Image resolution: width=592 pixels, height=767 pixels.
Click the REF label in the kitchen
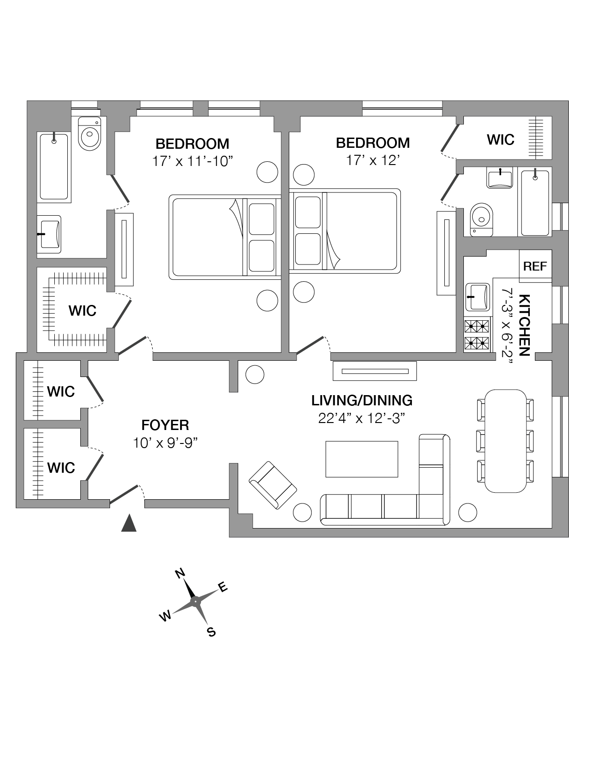coord(535,266)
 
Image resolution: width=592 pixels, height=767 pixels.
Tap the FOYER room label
coord(165,425)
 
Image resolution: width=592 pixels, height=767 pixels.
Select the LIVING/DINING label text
coord(362,400)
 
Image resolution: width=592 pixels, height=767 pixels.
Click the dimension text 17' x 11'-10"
coord(192,161)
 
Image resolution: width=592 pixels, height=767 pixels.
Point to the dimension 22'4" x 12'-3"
coord(362,418)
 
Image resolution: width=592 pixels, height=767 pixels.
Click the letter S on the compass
coord(211,632)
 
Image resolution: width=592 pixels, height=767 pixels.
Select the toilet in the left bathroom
coord(90,133)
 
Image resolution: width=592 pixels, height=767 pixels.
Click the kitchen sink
coord(477,297)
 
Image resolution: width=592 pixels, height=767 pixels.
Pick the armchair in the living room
coord(273,485)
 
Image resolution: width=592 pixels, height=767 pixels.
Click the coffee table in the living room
coord(362,459)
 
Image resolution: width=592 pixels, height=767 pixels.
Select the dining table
coord(505,440)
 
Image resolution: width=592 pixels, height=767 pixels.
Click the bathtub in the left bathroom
coord(54,166)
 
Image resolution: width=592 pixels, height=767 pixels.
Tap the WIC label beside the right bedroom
coord(501,139)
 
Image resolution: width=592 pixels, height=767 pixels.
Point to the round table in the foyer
coord(254,375)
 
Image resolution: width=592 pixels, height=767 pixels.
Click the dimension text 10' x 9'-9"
coord(166,443)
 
